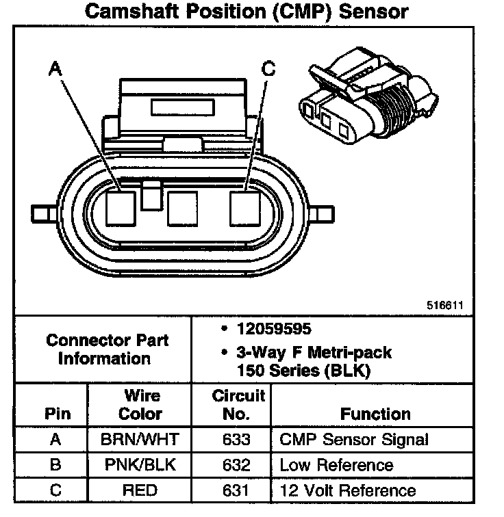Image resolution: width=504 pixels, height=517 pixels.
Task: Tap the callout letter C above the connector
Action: pyautogui.click(x=268, y=68)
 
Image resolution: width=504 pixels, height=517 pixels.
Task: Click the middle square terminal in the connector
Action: pyautogui.click(x=183, y=208)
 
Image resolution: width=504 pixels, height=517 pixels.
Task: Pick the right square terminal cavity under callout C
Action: pyautogui.click(x=245, y=208)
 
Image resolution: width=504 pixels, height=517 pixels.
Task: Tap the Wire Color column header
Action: pyautogui.click(x=140, y=405)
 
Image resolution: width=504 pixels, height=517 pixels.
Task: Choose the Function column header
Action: pyautogui.click(x=375, y=414)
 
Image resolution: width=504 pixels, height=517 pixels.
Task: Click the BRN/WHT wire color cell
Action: pyautogui.click(x=140, y=440)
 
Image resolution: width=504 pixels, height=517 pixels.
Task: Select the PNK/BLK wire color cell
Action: pyautogui.click(x=140, y=466)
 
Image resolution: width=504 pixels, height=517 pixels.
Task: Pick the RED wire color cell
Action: pyautogui.click(x=140, y=490)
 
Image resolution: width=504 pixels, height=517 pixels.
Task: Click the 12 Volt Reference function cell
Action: pyautogui.click(x=347, y=490)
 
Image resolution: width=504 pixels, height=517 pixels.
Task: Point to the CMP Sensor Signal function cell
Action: pyautogui.click(x=354, y=440)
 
